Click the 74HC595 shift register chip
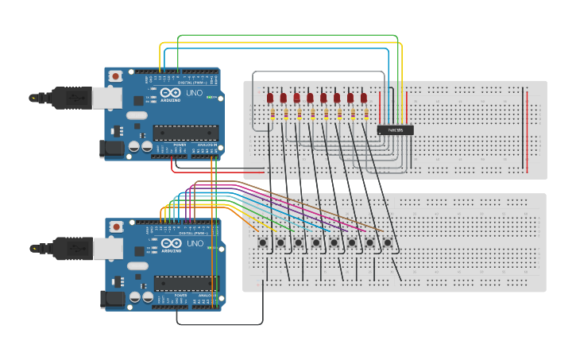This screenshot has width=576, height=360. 395,130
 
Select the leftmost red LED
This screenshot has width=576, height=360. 270,98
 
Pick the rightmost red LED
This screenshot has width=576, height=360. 364,98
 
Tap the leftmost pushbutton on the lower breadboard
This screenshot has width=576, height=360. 263,242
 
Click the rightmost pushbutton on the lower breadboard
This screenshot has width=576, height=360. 388,242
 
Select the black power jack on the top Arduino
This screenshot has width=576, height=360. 110,149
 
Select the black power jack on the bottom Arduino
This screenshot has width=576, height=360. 111,299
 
